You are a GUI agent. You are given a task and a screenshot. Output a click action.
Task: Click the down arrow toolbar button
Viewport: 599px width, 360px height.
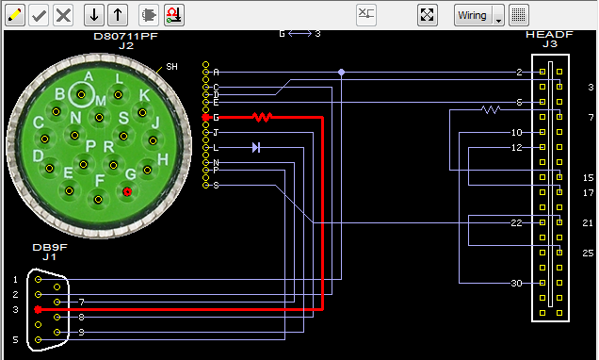[93, 14]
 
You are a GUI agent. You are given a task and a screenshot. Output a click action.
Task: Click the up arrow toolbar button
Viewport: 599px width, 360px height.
[117, 14]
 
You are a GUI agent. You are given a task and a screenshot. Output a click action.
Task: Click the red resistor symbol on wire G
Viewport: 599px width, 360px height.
[262, 118]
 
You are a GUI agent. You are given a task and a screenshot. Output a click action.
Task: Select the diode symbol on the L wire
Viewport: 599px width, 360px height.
[256, 147]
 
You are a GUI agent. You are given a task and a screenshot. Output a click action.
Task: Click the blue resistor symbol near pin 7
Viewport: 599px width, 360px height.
[491, 109]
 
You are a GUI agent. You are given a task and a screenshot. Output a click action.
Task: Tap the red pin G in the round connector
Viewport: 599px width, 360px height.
[127, 191]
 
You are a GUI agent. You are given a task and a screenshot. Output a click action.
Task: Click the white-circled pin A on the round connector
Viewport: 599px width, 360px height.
[84, 95]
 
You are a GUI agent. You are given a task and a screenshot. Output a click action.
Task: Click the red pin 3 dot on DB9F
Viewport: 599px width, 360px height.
[38, 309]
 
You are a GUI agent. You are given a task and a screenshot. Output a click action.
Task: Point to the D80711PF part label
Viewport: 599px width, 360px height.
[126, 36]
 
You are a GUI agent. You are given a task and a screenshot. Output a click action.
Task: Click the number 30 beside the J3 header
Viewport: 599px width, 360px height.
[515, 284]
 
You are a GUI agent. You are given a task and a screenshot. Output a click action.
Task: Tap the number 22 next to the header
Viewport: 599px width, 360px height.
[515, 223]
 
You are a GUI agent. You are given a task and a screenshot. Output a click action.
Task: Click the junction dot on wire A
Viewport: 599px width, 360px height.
[341, 72]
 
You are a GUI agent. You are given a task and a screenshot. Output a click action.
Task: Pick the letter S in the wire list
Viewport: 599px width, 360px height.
[217, 186]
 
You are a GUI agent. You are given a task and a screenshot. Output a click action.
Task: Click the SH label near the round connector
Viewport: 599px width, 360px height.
[171, 67]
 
